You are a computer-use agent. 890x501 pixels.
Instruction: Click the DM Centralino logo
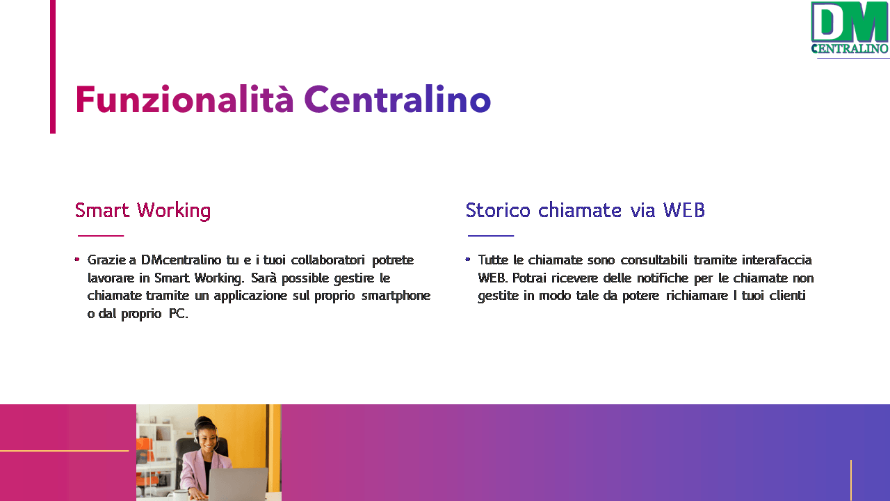point(850,28)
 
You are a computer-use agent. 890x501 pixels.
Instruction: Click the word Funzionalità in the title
point(184,100)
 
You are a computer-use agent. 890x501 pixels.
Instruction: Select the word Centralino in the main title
point(398,100)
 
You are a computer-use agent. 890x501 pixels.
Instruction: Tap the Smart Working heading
point(143,211)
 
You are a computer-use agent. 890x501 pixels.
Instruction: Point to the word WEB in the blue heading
point(684,210)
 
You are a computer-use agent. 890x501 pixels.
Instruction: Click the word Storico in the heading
point(498,210)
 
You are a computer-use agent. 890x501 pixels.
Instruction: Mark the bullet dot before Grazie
point(77,260)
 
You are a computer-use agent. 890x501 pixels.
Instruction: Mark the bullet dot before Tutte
point(468,260)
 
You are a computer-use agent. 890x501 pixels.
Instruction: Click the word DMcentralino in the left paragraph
point(181,260)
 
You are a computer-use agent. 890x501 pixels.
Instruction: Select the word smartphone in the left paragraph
point(396,296)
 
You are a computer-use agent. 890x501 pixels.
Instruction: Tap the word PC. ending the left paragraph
point(179,314)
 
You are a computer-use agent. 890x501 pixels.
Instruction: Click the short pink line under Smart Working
point(101,236)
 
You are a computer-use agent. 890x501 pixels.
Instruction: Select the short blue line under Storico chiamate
point(491,236)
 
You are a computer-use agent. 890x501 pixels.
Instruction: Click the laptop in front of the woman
point(238,484)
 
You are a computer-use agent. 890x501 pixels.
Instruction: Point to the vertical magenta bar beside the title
point(53,66)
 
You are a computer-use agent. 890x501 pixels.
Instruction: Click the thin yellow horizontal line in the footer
point(65,451)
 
